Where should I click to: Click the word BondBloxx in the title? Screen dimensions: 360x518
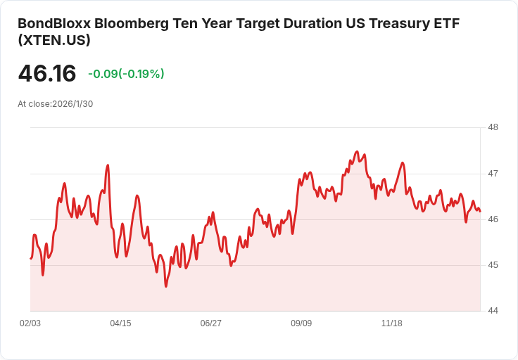point(53,23)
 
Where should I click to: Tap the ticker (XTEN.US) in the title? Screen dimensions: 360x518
point(54,41)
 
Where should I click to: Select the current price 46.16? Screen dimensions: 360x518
point(47,73)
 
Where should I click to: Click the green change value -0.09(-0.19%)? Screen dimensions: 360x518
point(126,74)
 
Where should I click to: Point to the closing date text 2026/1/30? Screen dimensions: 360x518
point(72,104)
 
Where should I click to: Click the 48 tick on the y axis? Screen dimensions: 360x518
point(493,127)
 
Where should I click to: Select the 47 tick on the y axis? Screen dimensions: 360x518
point(493,173)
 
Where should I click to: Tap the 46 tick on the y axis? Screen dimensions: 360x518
point(493,219)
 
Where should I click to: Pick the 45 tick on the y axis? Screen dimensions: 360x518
point(493,265)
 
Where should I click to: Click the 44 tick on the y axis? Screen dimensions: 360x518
point(493,311)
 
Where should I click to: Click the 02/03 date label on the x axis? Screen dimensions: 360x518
point(30,323)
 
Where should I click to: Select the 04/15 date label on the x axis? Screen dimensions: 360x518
point(120,323)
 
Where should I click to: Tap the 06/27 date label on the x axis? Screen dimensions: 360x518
point(211,323)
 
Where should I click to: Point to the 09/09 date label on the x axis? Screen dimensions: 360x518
point(301,323)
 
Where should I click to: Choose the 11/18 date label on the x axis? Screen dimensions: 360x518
point(391,323)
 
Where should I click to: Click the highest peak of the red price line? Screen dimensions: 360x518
point(357,151)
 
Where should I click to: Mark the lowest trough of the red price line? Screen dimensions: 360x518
point(166,286)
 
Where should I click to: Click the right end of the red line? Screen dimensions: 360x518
point(480,211)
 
